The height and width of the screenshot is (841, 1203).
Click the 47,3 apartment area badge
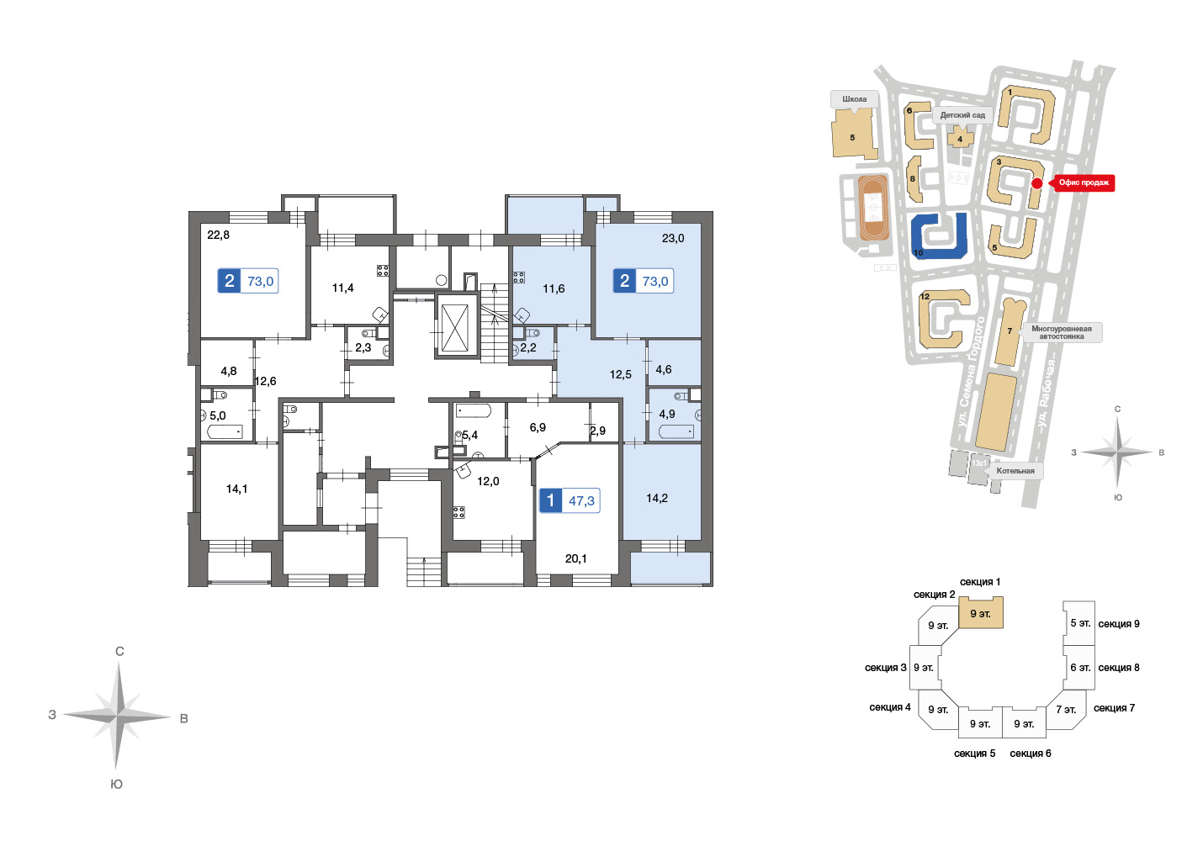(570, 501)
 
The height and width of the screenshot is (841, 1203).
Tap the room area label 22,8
(218, 235)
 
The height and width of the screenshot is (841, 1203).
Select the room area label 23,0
(673, 239)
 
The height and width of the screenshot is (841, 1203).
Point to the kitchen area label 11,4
(342, 288)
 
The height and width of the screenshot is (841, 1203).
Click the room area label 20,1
(575, 559)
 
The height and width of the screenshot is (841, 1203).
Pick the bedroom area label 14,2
(657, 499)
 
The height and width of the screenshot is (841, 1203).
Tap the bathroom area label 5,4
(470, 436)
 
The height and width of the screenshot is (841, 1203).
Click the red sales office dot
(1037, 183)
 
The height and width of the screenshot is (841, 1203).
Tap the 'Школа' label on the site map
(854, 99)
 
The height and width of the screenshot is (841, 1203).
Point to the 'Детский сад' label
(962, 115)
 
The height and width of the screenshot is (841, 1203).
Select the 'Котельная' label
(1015, 471)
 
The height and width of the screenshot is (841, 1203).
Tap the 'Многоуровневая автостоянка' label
(1061, 332)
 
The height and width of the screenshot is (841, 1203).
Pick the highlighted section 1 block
(981, 613)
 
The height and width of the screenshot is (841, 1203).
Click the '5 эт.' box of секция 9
(1079, 623)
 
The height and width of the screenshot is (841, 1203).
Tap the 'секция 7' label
(1114, 708)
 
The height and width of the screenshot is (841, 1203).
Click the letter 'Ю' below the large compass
(117, 784)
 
